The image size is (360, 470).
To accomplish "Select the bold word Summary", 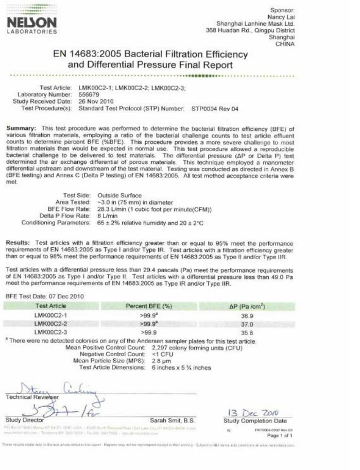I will pos(21,128).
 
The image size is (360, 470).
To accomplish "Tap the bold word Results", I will pos(20,242).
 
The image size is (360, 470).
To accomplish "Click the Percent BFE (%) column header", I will pos(149,306).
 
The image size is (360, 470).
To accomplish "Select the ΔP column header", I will pos(247,306).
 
